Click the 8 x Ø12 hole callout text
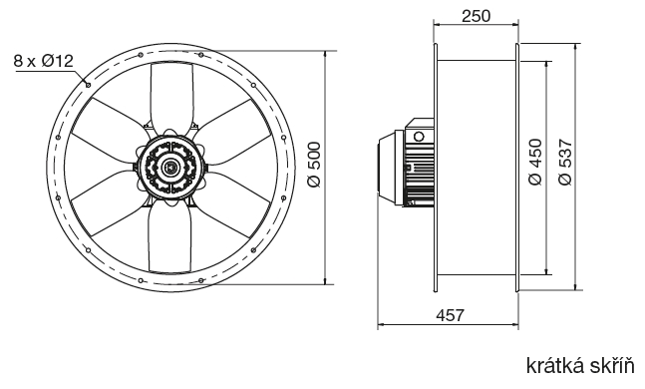(x=43, y=61)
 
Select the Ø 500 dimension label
(x=314, y=165)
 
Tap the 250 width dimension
(x=476, y=16)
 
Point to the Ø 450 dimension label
(x=535, y=163)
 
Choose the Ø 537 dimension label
(x=565, y=163)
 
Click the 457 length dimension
(x=450, y=315)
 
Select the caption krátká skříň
(x=580, y=365)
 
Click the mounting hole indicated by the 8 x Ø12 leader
(x=88, y=85)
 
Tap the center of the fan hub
(x=170, y=167)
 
